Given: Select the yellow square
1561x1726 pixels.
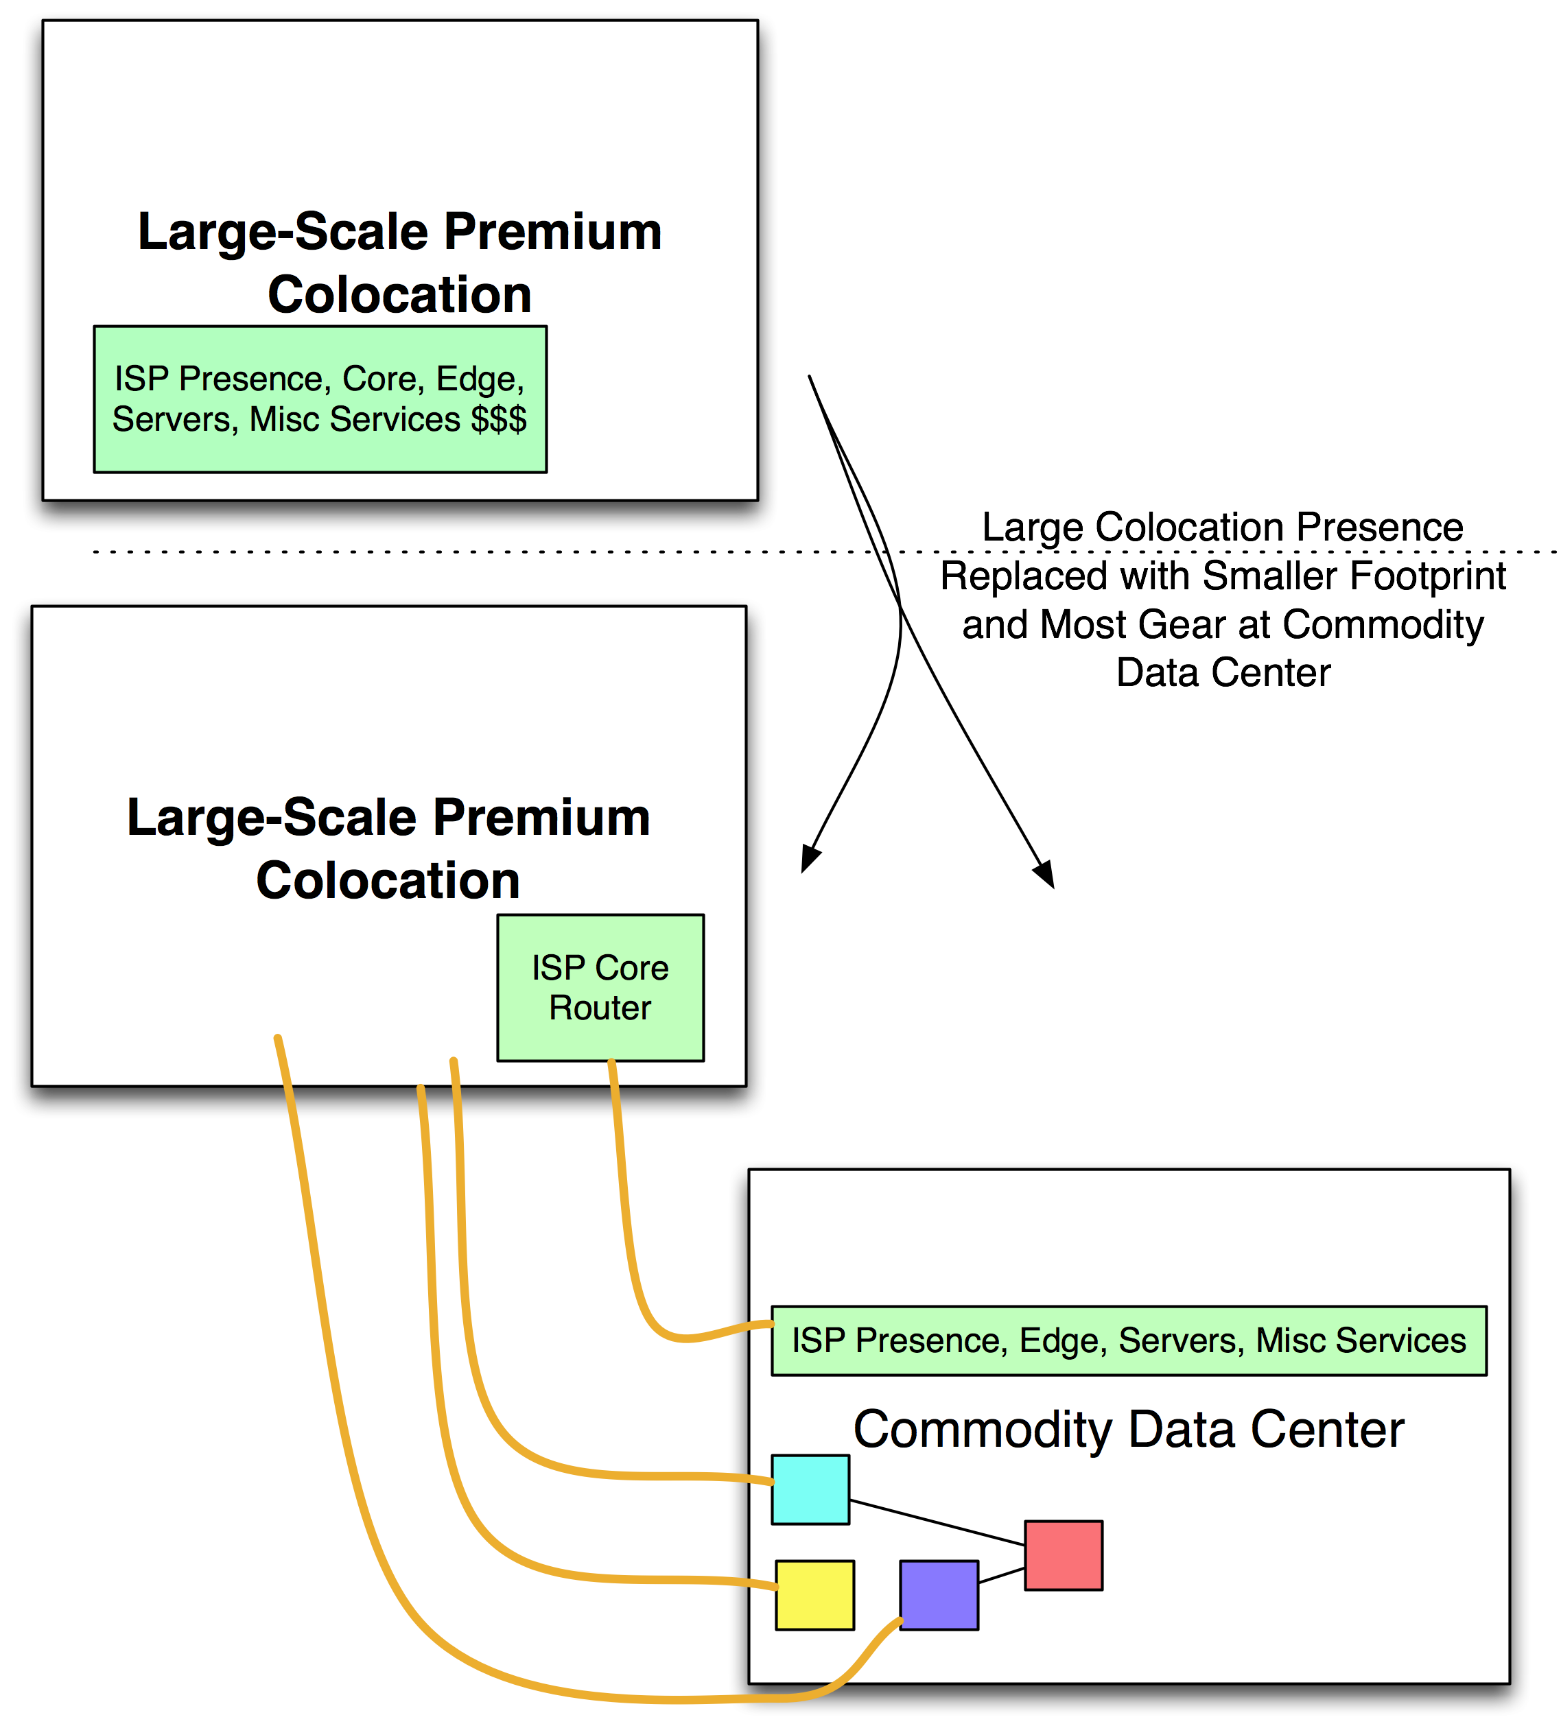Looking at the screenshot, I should pos(814,1594).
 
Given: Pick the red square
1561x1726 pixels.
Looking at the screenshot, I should pos(1063,1554).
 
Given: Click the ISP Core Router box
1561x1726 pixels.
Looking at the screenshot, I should pos(600,987).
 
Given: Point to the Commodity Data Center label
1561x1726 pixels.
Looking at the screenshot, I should pos(1128,1429).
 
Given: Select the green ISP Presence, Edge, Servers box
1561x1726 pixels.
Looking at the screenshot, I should pos(1128,1340).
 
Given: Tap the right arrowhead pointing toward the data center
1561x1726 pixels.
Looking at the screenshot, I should pos(1044,875).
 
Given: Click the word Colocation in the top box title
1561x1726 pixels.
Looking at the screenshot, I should pos(399,294).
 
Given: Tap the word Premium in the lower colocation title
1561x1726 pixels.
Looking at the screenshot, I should pos(541,817).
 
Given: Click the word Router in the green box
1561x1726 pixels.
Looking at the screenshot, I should pos(600,1008).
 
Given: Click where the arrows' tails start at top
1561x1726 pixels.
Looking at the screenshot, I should pos(810,377).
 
